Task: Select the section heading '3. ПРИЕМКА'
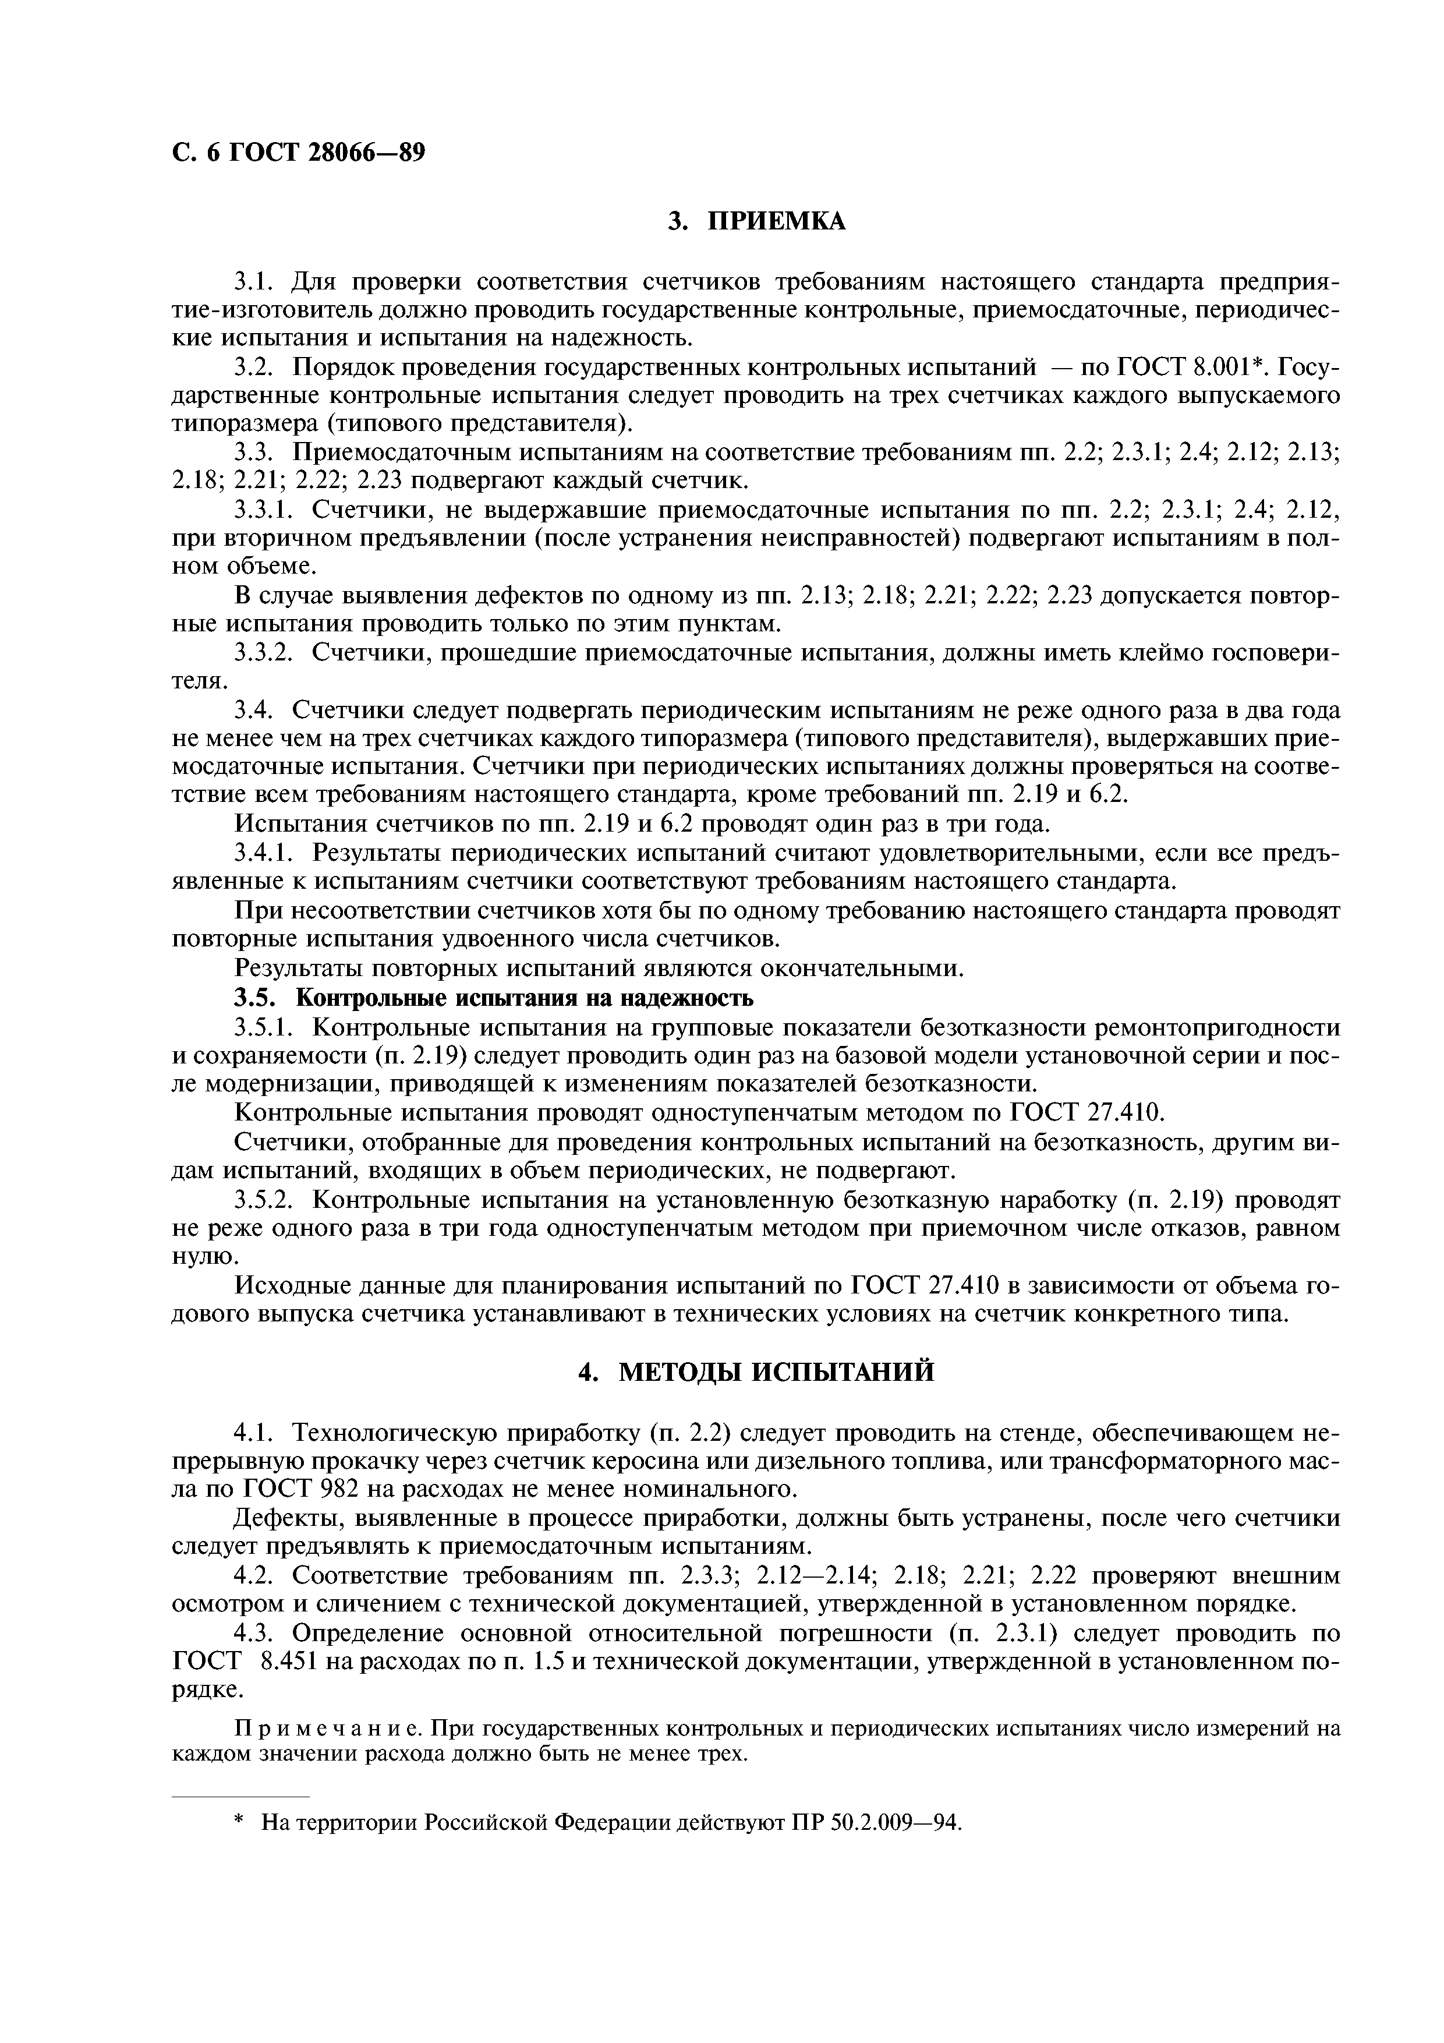[756, 221]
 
